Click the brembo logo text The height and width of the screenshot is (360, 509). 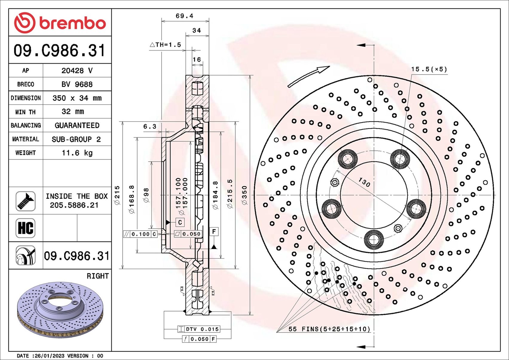click(x=72, y=24)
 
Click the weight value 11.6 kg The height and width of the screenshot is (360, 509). click(x=77, y=153)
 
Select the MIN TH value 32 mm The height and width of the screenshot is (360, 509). click(x=73, y=112)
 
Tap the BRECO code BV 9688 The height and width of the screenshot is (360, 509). click(x=77, y=85)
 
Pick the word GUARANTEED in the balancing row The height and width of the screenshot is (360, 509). click(x=77, y=125)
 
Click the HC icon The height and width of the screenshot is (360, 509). click(x=25, y=228)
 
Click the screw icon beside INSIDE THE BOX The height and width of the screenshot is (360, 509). click(x=25, y=201)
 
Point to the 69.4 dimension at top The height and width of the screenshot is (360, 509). click(x=184, y=16)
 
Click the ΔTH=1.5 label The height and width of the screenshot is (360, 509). click(x=165, y=45)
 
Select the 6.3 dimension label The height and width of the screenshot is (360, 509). click(x=149, y=127)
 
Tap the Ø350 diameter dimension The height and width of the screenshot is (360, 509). click(x=244, y=195)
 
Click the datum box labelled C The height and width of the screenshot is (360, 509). click(x=180, y=222)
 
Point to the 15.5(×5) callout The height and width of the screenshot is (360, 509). click(x=429, y=69)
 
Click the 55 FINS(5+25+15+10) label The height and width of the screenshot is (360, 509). click(x=329, y=329)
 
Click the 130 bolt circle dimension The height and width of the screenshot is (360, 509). click(x=364, y=182)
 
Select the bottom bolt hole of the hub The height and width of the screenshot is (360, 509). click(x=374, y=239)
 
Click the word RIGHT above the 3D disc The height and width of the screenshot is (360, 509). click(x=97, y=276)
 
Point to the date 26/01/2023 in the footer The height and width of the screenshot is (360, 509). click(x=50, y=356)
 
